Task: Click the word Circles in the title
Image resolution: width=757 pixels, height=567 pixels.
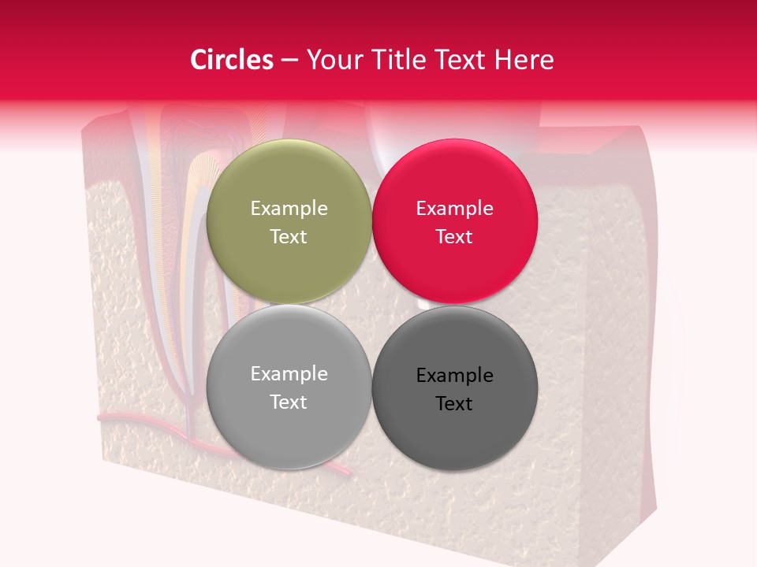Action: [x=231, y=60]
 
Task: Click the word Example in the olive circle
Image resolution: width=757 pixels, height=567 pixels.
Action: [x=289, y=208]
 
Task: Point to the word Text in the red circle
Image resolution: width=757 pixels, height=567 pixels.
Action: [x=454, y=236]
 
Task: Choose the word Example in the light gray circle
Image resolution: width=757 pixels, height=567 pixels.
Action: [x=289, y=373]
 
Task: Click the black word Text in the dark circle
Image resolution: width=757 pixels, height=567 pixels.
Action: [x=454, y=403]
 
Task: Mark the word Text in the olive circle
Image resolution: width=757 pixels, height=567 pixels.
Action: [x=289, y=236]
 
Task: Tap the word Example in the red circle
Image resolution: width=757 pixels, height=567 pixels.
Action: [x=454, y=208]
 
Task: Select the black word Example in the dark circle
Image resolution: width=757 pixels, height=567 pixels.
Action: [x=454, y=375]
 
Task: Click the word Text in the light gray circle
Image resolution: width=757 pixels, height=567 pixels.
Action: [x=289, y=402]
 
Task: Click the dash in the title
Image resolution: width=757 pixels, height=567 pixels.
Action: [x=289, y=60]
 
